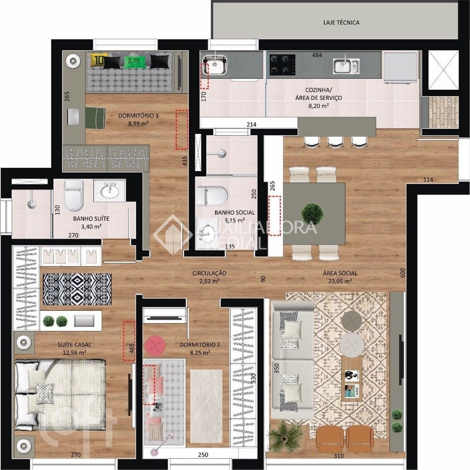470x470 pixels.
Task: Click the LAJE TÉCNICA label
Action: (x=341, y=23)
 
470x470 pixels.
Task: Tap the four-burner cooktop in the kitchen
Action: (x=282, y=65)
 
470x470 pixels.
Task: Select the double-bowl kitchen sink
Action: (x=346, y=66)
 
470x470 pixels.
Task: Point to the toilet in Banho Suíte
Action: (x=73, y=195)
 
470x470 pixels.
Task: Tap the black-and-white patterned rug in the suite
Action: (x=77, y=289)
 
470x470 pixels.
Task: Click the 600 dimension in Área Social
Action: (x=402, y=273)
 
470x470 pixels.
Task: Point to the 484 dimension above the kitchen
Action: (x=317, y=55)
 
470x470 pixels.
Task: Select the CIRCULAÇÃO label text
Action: (x=209, y=273)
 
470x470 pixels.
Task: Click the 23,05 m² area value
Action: (x=340, y=281)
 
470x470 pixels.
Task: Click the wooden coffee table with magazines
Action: (x=351, y=379)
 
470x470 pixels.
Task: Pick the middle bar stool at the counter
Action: (x=335, y=142)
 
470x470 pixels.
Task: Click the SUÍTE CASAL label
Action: (x=74, y=345)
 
